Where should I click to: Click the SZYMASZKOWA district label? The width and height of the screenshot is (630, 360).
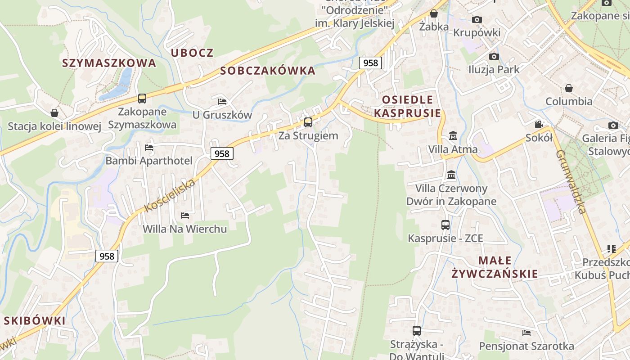point(109,63)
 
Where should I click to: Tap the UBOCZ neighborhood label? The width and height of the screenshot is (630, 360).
point(192,53)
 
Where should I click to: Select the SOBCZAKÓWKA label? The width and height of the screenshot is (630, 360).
point(268,71)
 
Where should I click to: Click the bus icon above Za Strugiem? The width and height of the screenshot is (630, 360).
point(308,122)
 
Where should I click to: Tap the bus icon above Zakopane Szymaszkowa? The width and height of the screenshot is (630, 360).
point(142,98)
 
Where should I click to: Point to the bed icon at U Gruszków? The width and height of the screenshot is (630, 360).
point(222,101)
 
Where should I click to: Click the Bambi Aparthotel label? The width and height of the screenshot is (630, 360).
point(149,161)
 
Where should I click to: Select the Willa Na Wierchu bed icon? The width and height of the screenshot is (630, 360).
point(185,216)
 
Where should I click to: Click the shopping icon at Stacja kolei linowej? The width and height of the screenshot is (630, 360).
point(54,113)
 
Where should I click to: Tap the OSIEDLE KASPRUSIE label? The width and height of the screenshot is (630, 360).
point(408,106)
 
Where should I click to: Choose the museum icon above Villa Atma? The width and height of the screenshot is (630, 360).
point(453,135)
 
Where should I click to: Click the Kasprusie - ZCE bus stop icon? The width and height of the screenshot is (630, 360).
point(445,225)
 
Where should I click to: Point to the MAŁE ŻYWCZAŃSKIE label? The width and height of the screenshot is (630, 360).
point(495,267)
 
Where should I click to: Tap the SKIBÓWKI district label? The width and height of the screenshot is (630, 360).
point(35,321)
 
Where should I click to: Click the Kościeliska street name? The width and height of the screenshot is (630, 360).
point(171,196)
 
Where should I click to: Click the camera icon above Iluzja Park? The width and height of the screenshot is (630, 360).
point(494,56)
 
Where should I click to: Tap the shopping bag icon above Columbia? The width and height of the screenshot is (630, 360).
point(569,88)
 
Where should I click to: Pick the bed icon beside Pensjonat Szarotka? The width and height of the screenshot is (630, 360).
point(526,333)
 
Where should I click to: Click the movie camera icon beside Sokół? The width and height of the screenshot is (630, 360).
point(539,124)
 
